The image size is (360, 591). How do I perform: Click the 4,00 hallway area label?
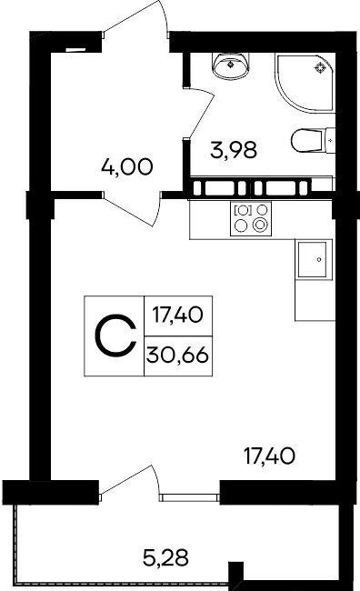[x=127, y=167]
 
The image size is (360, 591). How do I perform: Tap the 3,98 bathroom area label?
[x=234, y=150]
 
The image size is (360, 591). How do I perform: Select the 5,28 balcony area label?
[x=165, y=557]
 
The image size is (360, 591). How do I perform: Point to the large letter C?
[x=115, y=336]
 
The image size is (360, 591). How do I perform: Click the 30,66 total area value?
[x=177, y=355]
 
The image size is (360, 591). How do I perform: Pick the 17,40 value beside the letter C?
[x=177, y=315]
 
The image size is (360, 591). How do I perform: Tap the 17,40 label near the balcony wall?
[x=269, y=456]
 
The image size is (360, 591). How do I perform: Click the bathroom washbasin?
[x=231, y=65]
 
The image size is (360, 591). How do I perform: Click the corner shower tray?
[x=305, y=82]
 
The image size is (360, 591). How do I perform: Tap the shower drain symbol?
[x=320, y=67]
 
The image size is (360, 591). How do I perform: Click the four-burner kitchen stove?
[x=251, y=218]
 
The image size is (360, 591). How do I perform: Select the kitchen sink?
[x=312, y=260]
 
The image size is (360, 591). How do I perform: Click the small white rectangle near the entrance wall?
[x=76, y=49]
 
